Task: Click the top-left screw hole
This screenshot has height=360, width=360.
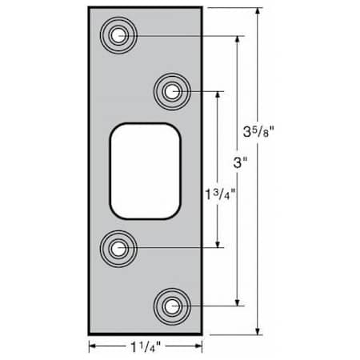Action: pyautogui.click(x=119, y=35)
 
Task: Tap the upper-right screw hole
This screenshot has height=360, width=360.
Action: pyautogui.click(x=170, y=92)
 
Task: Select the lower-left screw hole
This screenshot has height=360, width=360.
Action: pyautogui.click(x=119, y=248)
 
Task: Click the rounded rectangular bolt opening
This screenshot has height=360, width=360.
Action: pyautogui.click(x=144, y=170)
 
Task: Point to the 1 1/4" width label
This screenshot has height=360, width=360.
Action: pyautogui.click(x=145, y=347)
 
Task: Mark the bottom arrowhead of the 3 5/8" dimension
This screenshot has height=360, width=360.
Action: pyautogui.click(x=258, y=331)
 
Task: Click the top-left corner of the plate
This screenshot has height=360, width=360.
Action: pyautogui.click(x=89, y=7)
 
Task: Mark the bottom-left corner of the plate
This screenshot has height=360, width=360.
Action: pyautogui.click(x=89, y=334)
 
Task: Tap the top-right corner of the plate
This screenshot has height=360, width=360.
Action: pyautogui.click(x=201, y=7)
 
